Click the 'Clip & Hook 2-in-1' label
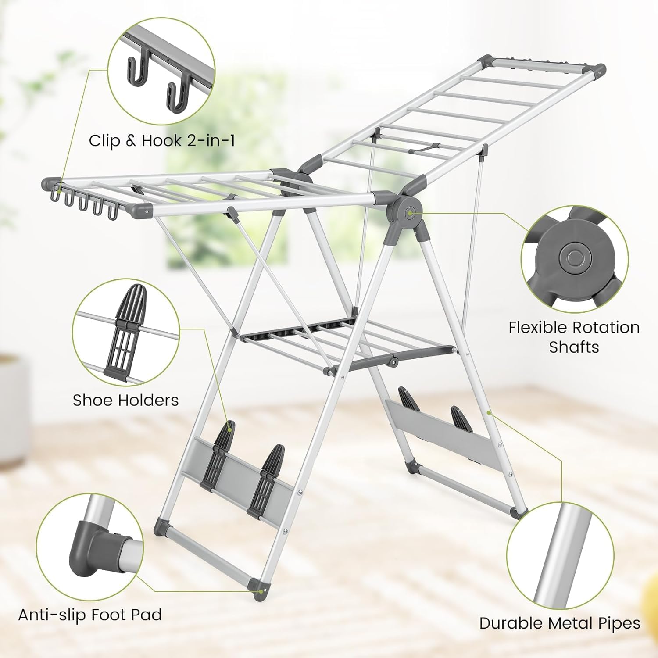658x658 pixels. point(161,141)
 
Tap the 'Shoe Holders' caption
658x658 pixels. point(125,400)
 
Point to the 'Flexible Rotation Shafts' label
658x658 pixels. point(574,337)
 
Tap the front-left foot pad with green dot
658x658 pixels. point(259,590)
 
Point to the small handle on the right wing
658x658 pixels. point(424,147)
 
